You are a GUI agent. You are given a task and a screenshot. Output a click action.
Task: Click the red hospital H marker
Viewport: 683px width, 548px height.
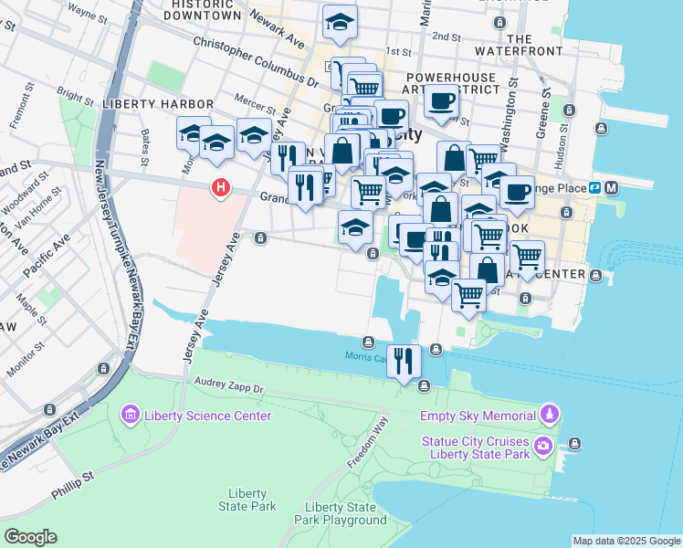pyautogui.click(x=220, y=189)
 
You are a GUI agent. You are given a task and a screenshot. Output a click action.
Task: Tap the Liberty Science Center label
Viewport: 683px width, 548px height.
pyautogui.click(x=206, y=416)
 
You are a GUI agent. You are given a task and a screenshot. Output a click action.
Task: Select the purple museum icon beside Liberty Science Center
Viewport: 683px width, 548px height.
pyautogui.click(x=130, y=416)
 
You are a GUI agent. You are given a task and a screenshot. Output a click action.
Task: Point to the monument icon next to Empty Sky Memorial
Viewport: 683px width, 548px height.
pyautogui.click(x=548, y=416)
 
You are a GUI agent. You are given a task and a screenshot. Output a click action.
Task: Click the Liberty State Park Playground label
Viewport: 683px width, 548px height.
pyautogui.click(x=345, y=514)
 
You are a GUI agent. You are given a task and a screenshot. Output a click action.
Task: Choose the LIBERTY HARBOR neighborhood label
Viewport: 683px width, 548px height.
pyautogui.click(x=158, y=105)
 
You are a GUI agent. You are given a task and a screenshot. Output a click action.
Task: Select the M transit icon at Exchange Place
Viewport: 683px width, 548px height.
pyautogui.click(x=611, y=187)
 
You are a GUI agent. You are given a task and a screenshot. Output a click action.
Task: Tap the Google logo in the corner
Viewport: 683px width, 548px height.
pyautogui.click(x=30, y=537)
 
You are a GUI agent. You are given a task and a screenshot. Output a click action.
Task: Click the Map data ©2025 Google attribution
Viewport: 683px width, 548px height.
pyautogui.click(x=625, y=541)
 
